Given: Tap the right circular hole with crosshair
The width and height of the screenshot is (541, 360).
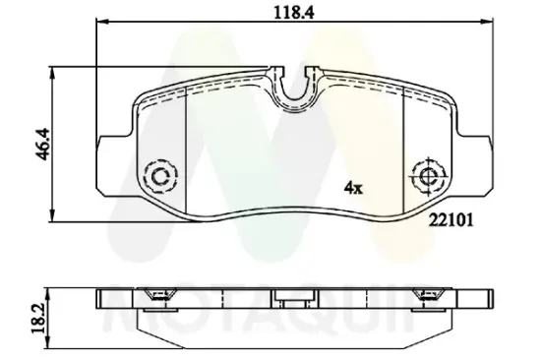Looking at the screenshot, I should click(427, 176).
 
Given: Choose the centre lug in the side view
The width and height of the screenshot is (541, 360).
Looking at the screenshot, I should click(287, 299).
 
